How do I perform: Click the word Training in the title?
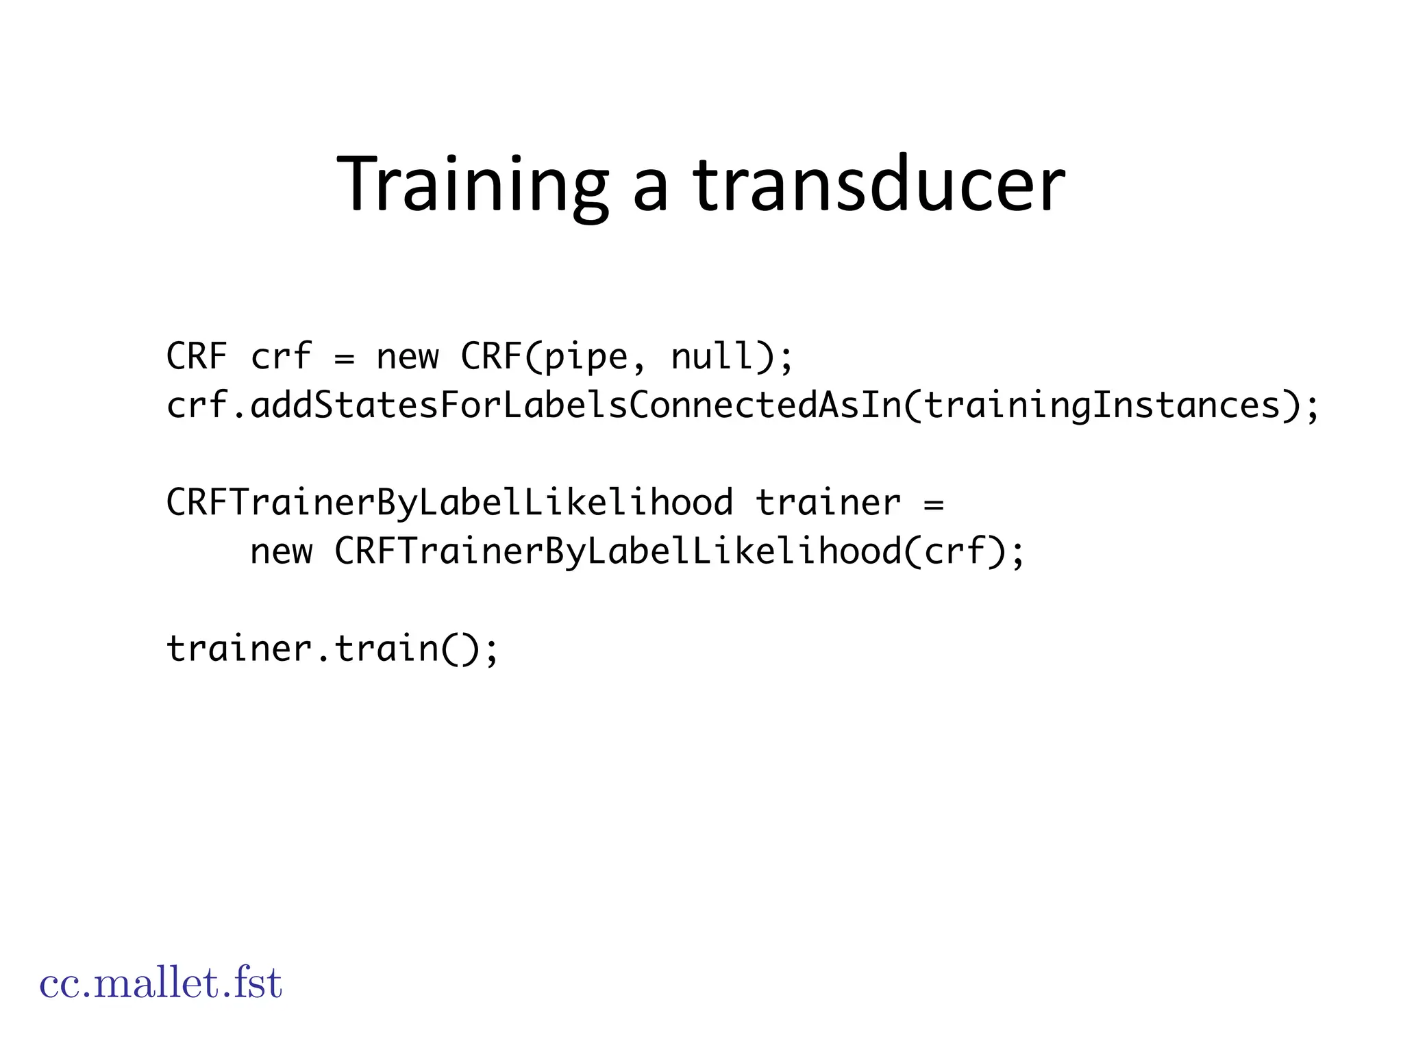(472, 185)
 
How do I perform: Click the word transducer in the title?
(878, 185)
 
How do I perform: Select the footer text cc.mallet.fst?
(160, 984)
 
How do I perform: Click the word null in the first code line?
(712, 356)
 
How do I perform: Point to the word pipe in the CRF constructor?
(586, 358)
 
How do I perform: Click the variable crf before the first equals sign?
(281, 356)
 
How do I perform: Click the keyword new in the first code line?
(407, 358)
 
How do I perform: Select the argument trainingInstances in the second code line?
(1102, 405)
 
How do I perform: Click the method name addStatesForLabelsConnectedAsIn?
(575, 405)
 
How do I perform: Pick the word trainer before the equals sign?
(828, 503)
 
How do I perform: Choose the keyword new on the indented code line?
(281, 552)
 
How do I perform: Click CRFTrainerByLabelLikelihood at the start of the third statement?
(449, 503)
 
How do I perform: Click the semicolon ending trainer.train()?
(491, 651)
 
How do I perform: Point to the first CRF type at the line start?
(197, 356)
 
